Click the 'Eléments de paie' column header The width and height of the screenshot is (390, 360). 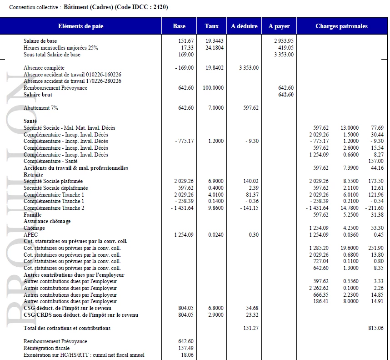[x=80, y=26]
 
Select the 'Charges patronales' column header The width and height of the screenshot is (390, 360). [x=341, y=26]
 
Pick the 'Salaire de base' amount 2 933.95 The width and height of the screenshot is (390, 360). [x=284, y=41]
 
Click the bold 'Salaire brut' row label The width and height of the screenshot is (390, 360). [x=38, y=95]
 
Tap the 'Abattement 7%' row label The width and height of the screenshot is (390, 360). [x=41, y=108]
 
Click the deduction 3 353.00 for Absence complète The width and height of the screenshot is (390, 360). [x=249, y=68]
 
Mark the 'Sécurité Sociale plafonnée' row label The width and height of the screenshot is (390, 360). [x=53, y=181]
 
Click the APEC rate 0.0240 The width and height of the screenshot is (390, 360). [x=215, y=235]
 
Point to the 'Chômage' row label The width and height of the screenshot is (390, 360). [x=34, y=228]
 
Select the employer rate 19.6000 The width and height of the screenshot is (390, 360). [x=350, y=248]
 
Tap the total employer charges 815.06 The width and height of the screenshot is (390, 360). [x=375, y=328]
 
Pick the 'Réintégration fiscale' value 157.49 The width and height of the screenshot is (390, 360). [x=186, y=348]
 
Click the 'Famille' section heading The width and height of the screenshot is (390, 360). [x=32, y=215]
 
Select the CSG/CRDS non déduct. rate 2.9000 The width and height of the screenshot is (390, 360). [x=215, y=315]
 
